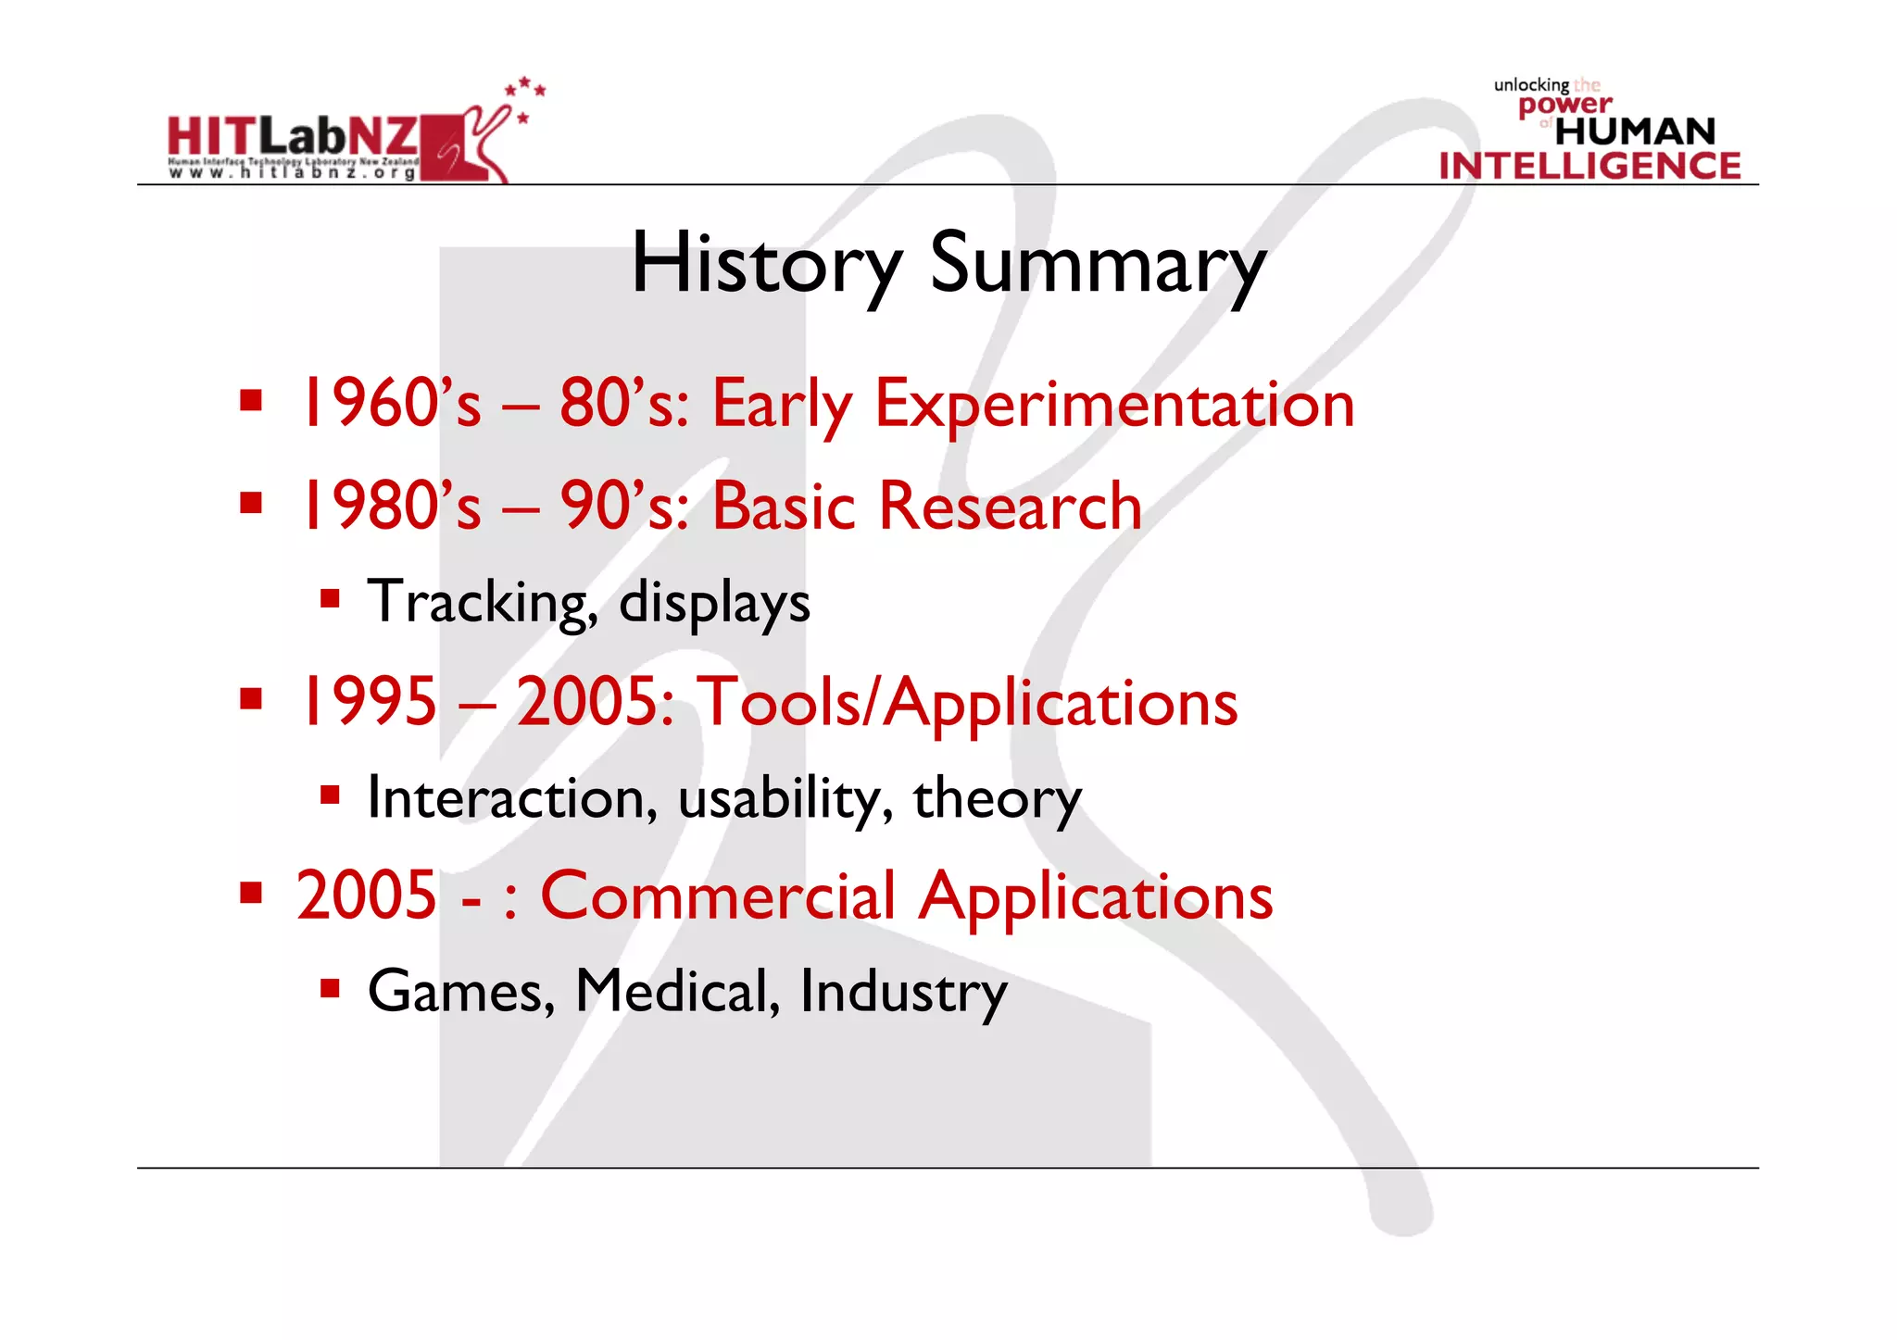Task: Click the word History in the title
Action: [x=766, y=264]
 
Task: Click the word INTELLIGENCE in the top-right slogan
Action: [x=1589, y=167]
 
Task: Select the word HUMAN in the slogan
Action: [x=1635, y=131]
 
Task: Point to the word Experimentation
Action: [x=1114, y=405]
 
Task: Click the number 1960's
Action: [x=389, y=405]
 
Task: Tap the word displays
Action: [x=714, y=603]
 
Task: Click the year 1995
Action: [x=367, y=702]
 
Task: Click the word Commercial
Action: [x=718, y=896]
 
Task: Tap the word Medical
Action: [x=677, y=992]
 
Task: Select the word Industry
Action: [x=903, y=992]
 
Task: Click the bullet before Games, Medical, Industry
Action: [x=330, y=988]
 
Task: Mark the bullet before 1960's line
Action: [x=250, y=401]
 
